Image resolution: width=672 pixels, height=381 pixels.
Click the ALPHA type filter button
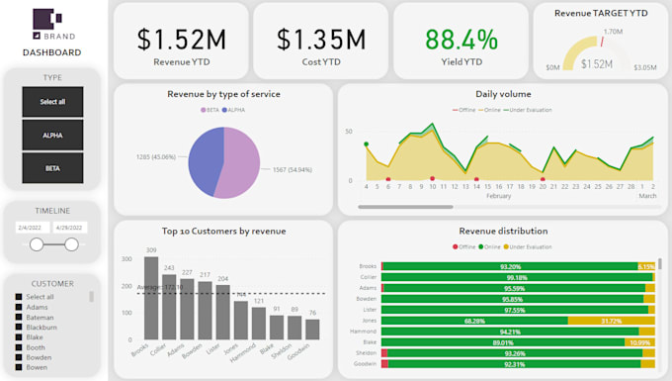coord(52,135)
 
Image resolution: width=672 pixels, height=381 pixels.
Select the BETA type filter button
coord(52,168)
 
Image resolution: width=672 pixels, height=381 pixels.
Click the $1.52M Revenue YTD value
coord(181,40)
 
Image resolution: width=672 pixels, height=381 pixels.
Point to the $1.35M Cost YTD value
coord(321,40)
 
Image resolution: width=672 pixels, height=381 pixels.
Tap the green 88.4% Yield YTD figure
coord(462,40)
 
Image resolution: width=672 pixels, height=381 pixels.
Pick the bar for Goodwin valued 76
coord(312,330)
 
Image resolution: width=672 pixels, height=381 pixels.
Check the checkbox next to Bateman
coord(17,318)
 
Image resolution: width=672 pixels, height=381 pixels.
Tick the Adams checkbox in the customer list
coord(17,308)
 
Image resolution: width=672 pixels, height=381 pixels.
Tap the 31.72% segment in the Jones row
coord(611,321)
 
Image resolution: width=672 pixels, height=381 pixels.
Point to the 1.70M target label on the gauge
coord(612,33)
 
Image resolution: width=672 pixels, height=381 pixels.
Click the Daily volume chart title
coord(503,94)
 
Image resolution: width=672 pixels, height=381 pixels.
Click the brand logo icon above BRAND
coord(47,19)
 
